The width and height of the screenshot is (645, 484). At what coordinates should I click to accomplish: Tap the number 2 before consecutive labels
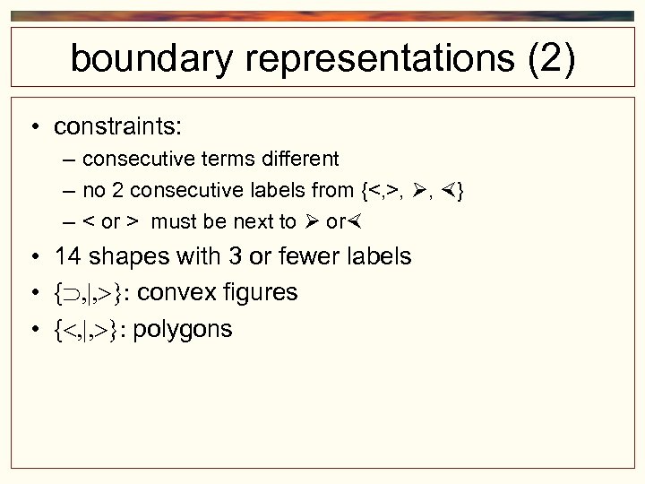[111, 190]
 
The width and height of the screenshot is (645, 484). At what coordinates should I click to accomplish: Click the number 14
[68, 256]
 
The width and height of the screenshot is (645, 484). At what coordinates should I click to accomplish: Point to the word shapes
[126, 257]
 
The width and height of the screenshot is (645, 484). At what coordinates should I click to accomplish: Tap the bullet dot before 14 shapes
[33, 257]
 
